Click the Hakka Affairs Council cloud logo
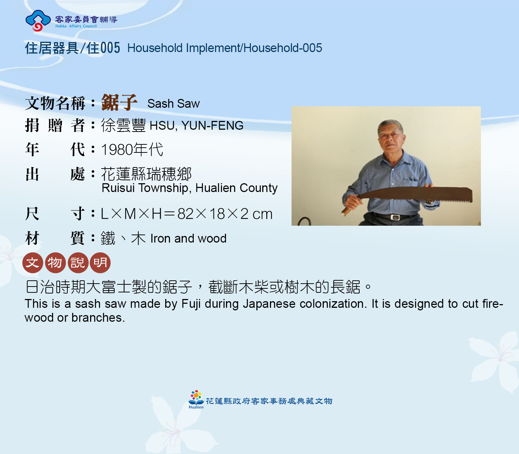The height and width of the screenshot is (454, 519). point(38,21)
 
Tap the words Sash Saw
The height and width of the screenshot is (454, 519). point(174,104)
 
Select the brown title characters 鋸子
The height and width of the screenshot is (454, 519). point(119,102)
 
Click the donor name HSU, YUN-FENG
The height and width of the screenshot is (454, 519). point(196,125)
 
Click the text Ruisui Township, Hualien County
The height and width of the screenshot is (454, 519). point(189,188)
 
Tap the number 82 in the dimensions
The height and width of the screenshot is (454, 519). point(185,214)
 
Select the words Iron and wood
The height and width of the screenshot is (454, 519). point(188,239)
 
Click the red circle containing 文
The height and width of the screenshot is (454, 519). point(33,263)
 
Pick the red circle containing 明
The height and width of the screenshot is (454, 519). point(100,263)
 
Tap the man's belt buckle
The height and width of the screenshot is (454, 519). point(395,217)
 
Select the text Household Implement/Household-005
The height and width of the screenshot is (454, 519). point(225,48)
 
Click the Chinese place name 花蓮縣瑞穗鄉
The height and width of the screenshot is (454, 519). point(147,174)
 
